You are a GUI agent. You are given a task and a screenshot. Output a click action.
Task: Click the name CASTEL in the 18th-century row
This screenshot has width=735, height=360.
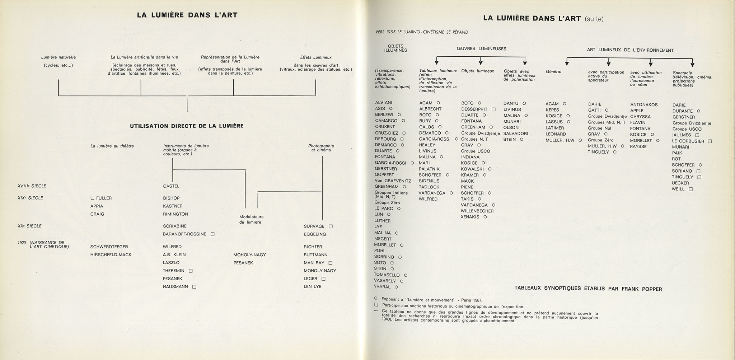coord(171,186)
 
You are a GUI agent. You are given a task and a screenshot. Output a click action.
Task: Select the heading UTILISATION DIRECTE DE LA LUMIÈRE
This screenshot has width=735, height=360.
coord(187,126)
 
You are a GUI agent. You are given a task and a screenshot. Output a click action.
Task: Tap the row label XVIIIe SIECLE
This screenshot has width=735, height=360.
coord(32,186)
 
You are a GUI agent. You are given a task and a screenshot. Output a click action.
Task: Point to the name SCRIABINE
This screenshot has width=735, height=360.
coord(175,226)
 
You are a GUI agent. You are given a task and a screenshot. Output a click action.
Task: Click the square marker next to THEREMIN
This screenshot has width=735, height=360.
coord(191,271)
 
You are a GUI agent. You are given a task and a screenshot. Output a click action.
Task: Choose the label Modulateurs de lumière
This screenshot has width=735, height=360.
coord(251,219)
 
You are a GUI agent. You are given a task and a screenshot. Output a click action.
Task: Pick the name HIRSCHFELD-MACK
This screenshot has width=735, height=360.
coord(111,255)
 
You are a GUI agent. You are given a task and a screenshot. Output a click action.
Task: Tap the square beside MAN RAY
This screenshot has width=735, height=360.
coord(331,263)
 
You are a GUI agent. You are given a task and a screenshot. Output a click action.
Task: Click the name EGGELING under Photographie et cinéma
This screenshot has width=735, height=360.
coord(315,234)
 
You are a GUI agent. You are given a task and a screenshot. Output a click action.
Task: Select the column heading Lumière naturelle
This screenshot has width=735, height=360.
coord(58,57)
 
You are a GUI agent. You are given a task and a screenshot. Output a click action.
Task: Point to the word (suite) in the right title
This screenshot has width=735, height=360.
coord(594,19)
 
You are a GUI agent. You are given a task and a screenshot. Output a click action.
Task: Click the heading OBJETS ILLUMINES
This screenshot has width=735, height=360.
coord(395,48)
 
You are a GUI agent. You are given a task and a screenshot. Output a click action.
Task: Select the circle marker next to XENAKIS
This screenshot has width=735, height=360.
coord(485,217)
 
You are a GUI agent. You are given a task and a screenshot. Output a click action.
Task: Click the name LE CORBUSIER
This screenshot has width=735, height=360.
coord(688,141)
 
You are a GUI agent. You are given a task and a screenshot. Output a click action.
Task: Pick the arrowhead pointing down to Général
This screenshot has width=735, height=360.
coord(567,64)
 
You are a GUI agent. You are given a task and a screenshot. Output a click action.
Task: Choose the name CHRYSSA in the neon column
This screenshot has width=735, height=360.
coord(640,117)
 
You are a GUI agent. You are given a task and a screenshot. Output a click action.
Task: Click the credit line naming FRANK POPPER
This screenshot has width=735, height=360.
coord(588,289)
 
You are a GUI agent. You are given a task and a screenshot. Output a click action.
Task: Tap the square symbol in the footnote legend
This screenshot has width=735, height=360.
coord(376,305)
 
